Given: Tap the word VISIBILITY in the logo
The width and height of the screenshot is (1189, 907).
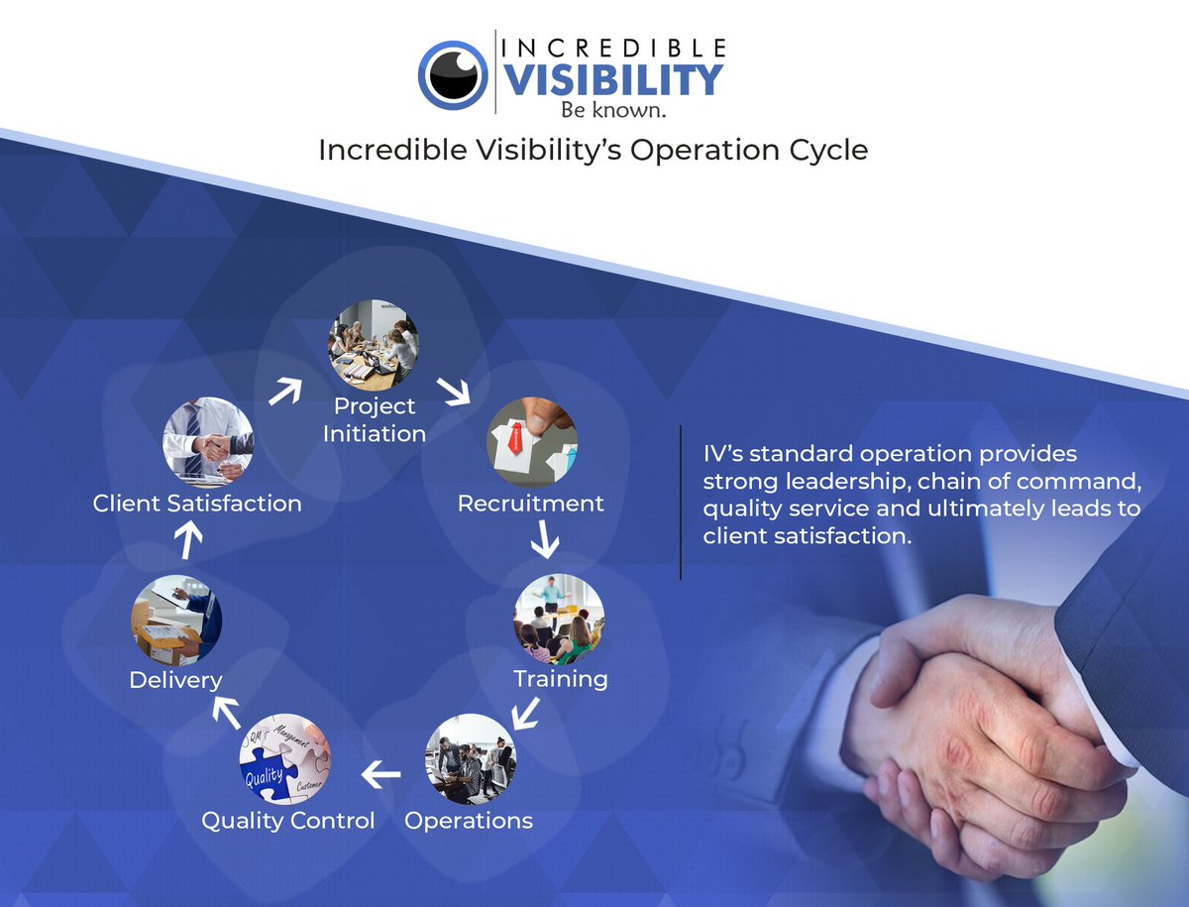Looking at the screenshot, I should pos(614,79).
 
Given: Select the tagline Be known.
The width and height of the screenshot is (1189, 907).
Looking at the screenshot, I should pos(613,110).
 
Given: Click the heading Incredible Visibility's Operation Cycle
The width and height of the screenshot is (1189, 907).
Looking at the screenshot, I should pos(593,150).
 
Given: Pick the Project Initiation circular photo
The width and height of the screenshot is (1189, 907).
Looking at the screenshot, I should pos(373,346).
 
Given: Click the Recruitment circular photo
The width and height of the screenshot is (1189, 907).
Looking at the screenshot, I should pos(532,442).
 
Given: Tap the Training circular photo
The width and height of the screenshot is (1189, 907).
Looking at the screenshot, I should pos(559,619).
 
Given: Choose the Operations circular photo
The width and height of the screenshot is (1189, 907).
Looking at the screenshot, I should pos(471,759).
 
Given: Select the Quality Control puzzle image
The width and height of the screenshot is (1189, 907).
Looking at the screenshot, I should pos(285,759).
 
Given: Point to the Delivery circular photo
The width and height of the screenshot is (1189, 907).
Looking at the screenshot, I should pos(176,619).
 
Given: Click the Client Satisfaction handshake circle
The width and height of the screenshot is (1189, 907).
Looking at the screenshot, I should pos(208,442).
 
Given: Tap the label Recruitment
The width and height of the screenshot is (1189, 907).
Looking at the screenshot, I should pos(530,504).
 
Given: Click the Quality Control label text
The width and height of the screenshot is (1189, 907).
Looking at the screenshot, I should pos(288,821).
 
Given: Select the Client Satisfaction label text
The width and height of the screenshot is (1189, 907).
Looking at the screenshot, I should pos(197,504).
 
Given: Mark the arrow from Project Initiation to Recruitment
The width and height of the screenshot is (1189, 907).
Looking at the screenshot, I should pos(455,392).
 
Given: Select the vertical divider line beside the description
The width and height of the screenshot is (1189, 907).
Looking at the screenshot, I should pos(681,503).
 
